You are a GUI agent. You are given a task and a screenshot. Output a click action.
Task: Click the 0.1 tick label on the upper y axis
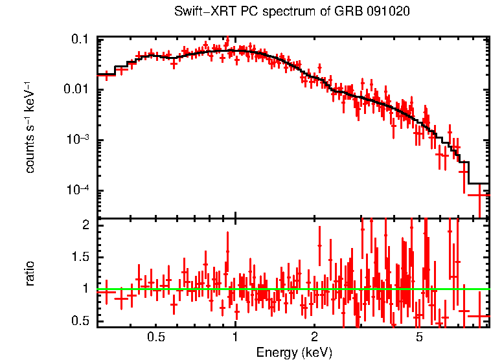(80, 40)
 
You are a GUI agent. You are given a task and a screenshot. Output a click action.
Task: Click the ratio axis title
(30, 273)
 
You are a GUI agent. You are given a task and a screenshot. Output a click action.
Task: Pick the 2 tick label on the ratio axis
(85, 225)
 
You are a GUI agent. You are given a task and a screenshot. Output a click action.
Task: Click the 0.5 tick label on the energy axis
(155, 337)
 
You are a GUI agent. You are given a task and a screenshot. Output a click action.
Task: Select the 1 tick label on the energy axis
(234, 337)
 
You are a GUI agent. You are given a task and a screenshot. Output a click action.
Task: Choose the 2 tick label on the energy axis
(314, 337)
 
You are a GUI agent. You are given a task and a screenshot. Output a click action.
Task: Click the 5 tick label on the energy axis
(419, 337)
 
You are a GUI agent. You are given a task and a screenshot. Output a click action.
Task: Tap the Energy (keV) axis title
(294, 352)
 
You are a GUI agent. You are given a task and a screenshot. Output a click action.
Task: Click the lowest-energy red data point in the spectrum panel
(106, 75)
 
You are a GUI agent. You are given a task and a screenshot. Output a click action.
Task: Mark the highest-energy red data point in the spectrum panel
(479, 195)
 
